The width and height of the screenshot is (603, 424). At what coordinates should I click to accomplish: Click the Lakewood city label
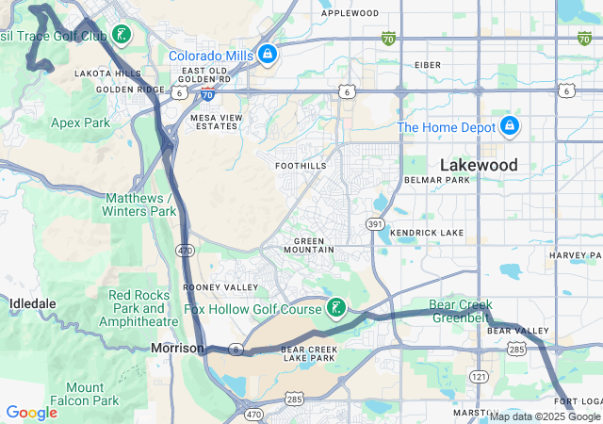[x=479, y=165]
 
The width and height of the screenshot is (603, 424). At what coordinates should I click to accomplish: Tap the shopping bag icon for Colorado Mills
[x=269, y=55]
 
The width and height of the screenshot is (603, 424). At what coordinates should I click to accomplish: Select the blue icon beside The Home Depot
[x=509, y=126]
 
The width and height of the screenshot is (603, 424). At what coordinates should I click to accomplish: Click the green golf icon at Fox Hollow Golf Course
[x=334, y=308]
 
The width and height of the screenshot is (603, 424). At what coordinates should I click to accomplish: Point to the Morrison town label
[x=176, y=349]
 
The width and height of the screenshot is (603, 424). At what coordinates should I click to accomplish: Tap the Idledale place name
[x=33, y=303]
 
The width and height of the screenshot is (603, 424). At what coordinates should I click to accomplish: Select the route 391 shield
[x=375, y=224]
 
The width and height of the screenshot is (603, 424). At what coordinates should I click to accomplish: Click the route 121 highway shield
[x=480, y=377]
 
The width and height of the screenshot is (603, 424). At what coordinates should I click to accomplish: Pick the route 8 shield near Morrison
[x=236, y=350]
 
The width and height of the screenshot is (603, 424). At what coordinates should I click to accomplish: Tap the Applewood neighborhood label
[x=350, y=13]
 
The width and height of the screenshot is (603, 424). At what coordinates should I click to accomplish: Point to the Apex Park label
[x=80, y=122]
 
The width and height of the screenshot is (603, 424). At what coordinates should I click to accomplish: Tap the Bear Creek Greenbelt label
[x=461, y=311]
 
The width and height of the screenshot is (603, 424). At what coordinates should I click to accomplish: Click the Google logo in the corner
[x=31, y=413]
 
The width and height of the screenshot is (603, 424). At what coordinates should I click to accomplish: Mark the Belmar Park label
[x=436, y=180]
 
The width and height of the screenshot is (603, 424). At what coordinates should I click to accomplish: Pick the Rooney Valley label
[x=207, y=286]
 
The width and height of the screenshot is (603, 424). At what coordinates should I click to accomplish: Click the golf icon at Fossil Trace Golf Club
[x=121, y=36]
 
